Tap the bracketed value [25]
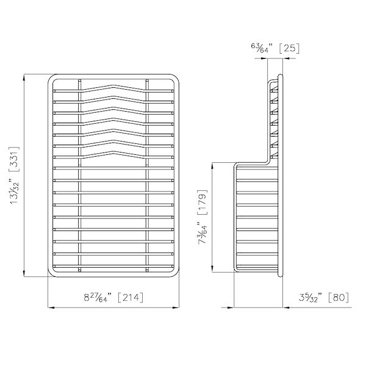pos(287,47)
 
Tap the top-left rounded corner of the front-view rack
pos(51,79)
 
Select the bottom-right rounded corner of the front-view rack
pos(175,273)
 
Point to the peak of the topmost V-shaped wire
pos(113,84)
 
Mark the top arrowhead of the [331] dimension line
pos(24,77)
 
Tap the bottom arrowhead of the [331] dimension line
pos(24,275)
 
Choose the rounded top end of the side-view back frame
pos(280,76)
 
